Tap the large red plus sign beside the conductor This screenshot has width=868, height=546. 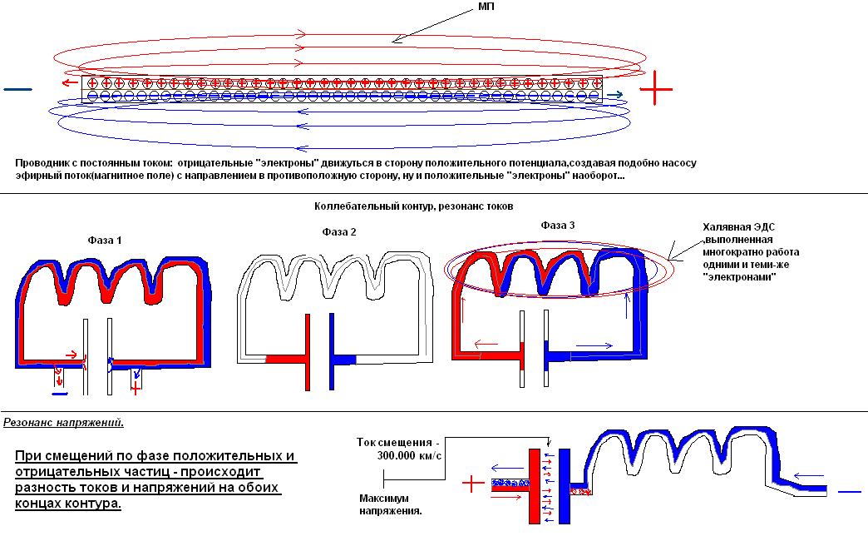(656, 87)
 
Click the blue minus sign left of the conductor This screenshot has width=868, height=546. (18, 87)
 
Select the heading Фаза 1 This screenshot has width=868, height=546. (105, 240)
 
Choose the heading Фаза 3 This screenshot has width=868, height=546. (558, 225)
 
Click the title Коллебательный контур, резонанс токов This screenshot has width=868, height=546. (414, 206)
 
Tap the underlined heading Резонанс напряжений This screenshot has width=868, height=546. (63, 422)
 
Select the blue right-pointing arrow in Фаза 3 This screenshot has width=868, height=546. (592, 344)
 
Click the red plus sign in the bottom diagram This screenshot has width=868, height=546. (472, 484)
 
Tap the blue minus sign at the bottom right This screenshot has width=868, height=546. (850, 492)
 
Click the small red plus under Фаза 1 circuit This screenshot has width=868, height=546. (136, 388)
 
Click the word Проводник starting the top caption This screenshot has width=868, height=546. (41, 163)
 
